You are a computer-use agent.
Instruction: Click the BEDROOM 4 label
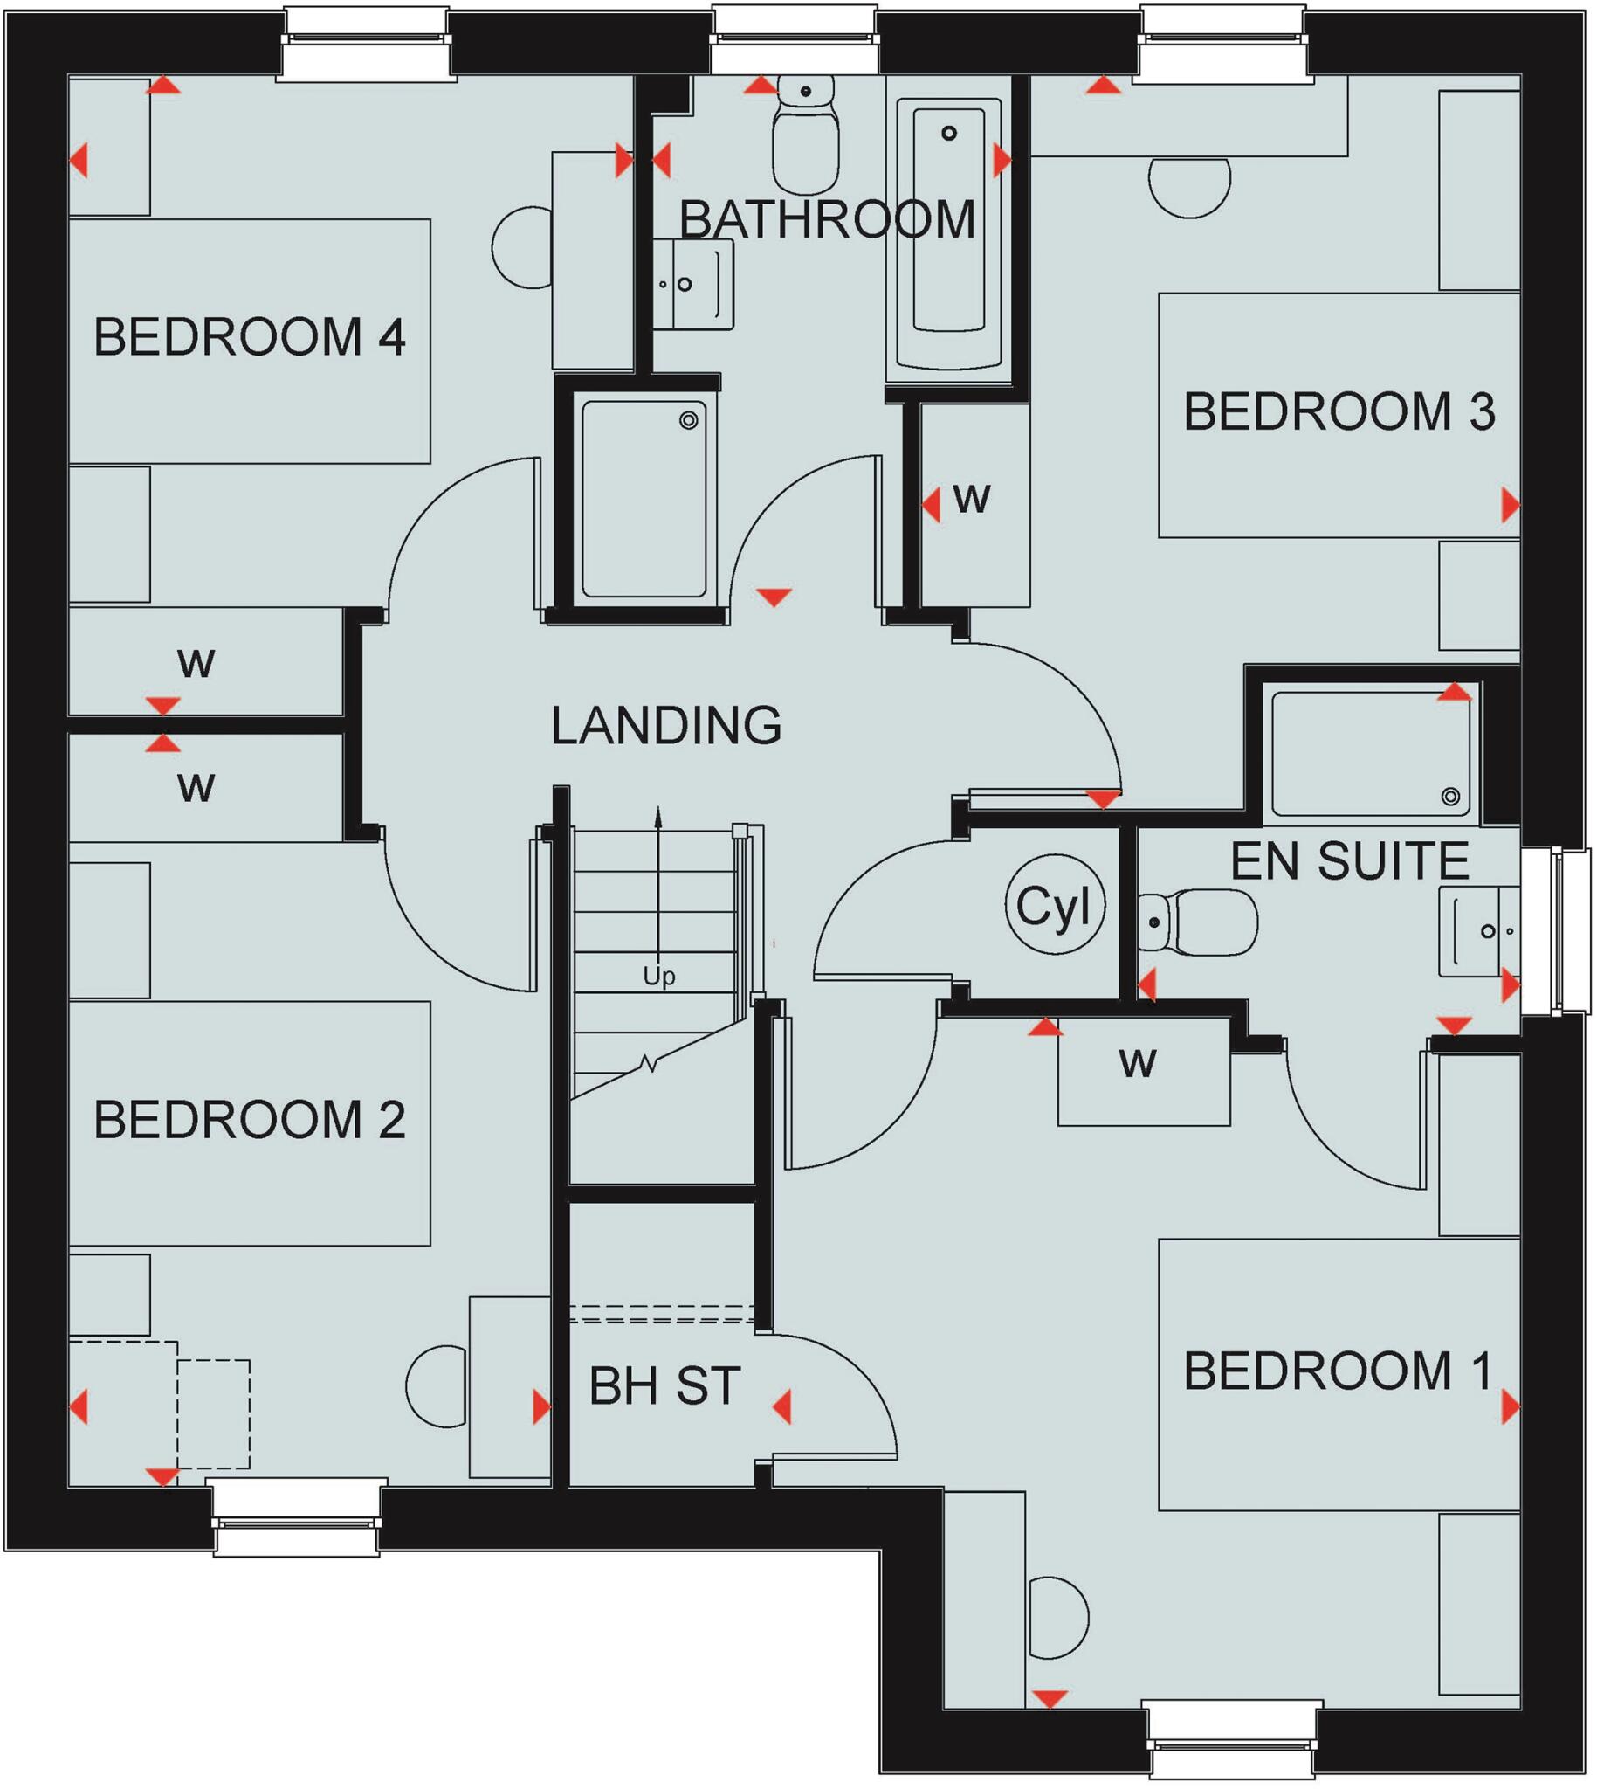(x=249, y=337)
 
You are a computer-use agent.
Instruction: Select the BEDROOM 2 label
(x=249, y=1119)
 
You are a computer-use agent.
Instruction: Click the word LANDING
(x=666, y=725)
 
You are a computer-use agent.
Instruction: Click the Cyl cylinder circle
(x=1054, y=905)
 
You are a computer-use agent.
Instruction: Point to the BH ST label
(x=664, y=1386)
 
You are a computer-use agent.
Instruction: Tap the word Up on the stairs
(x=659, y=976)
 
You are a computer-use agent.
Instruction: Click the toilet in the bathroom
(x=806, y=136)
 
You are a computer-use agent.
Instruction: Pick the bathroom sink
(x=693, y=284)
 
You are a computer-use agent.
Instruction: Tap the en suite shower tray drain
(x=1450, y=796)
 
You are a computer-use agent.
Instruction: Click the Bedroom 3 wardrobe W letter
(x=971, y=499)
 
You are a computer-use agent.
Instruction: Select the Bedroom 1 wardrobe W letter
(x=1137, y=1064)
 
